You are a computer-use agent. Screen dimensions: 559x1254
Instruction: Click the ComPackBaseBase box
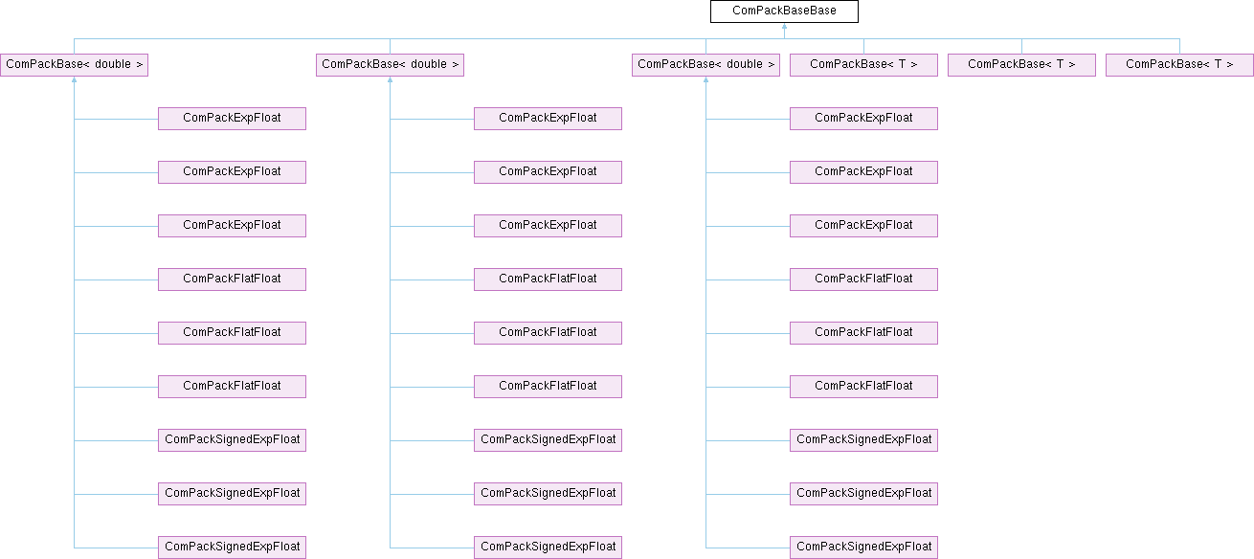point(784,11)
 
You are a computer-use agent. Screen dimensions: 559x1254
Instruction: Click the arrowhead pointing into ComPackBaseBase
point(784,27)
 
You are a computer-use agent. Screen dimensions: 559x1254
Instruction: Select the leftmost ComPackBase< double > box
point(74,65)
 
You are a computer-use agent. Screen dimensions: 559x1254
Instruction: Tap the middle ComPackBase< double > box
point(390,65)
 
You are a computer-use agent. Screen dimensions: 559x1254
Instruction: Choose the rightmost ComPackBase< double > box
point(705,65)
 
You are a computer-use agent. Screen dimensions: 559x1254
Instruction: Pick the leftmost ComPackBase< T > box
point(863,65)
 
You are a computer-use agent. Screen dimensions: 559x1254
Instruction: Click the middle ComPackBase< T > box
point(1021,65)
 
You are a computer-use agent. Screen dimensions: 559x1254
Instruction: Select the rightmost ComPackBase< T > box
point(1179,65)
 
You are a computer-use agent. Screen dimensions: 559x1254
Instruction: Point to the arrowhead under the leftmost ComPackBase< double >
point(74,80)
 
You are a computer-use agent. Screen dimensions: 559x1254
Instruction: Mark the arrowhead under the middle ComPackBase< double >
point(390,80)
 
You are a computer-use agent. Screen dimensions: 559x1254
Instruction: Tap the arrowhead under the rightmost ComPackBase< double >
point(705,80)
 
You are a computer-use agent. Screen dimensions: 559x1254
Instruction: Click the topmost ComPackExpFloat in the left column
point(232,119)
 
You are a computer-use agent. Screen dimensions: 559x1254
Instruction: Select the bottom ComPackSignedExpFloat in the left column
point(232,548)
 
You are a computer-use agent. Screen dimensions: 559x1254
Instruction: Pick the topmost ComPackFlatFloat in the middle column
point(548,279)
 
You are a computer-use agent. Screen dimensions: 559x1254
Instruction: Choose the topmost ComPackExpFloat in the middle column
point(548,119)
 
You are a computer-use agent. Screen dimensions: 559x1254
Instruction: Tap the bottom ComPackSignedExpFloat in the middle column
point(548,548)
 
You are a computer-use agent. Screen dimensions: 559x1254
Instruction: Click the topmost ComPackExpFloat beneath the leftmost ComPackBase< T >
point(863,119)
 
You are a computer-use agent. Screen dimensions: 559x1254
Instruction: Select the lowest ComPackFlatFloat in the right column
point(863,387)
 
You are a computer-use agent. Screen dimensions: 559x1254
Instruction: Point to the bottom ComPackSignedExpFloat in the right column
point(863,548)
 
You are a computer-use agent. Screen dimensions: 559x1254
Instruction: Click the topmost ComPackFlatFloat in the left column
point(232,279)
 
